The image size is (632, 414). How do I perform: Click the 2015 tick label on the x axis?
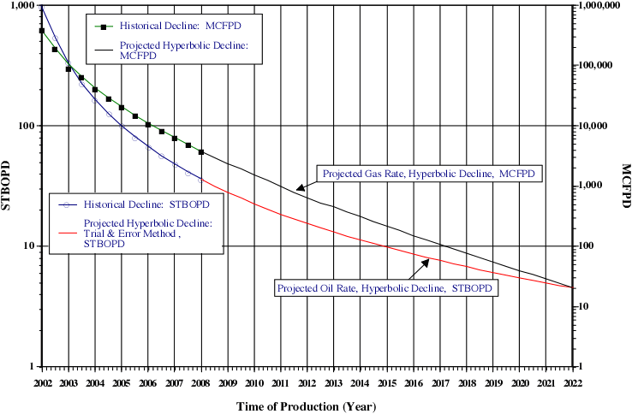(386, 382)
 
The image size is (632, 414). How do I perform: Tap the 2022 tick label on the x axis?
(572, 382)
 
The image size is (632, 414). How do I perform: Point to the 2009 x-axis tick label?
(228, 382)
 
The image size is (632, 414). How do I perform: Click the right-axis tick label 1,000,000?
(600, 6)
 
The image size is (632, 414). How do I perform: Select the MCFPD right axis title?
(625, 185)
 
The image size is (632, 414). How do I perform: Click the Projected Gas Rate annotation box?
(428, 174)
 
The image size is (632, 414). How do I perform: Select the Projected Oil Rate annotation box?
(387, 288)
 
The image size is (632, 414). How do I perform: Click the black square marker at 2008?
(201, 152)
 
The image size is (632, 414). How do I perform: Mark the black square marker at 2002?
(42, 31)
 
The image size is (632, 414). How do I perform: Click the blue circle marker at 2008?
(201, 180)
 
